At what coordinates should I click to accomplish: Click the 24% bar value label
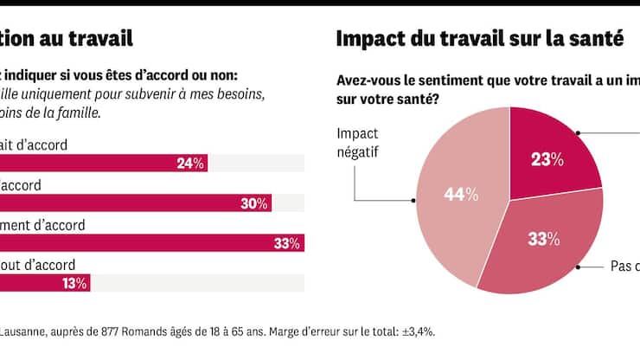coord(189,163)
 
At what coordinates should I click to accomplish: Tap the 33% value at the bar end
coord(286,244)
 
